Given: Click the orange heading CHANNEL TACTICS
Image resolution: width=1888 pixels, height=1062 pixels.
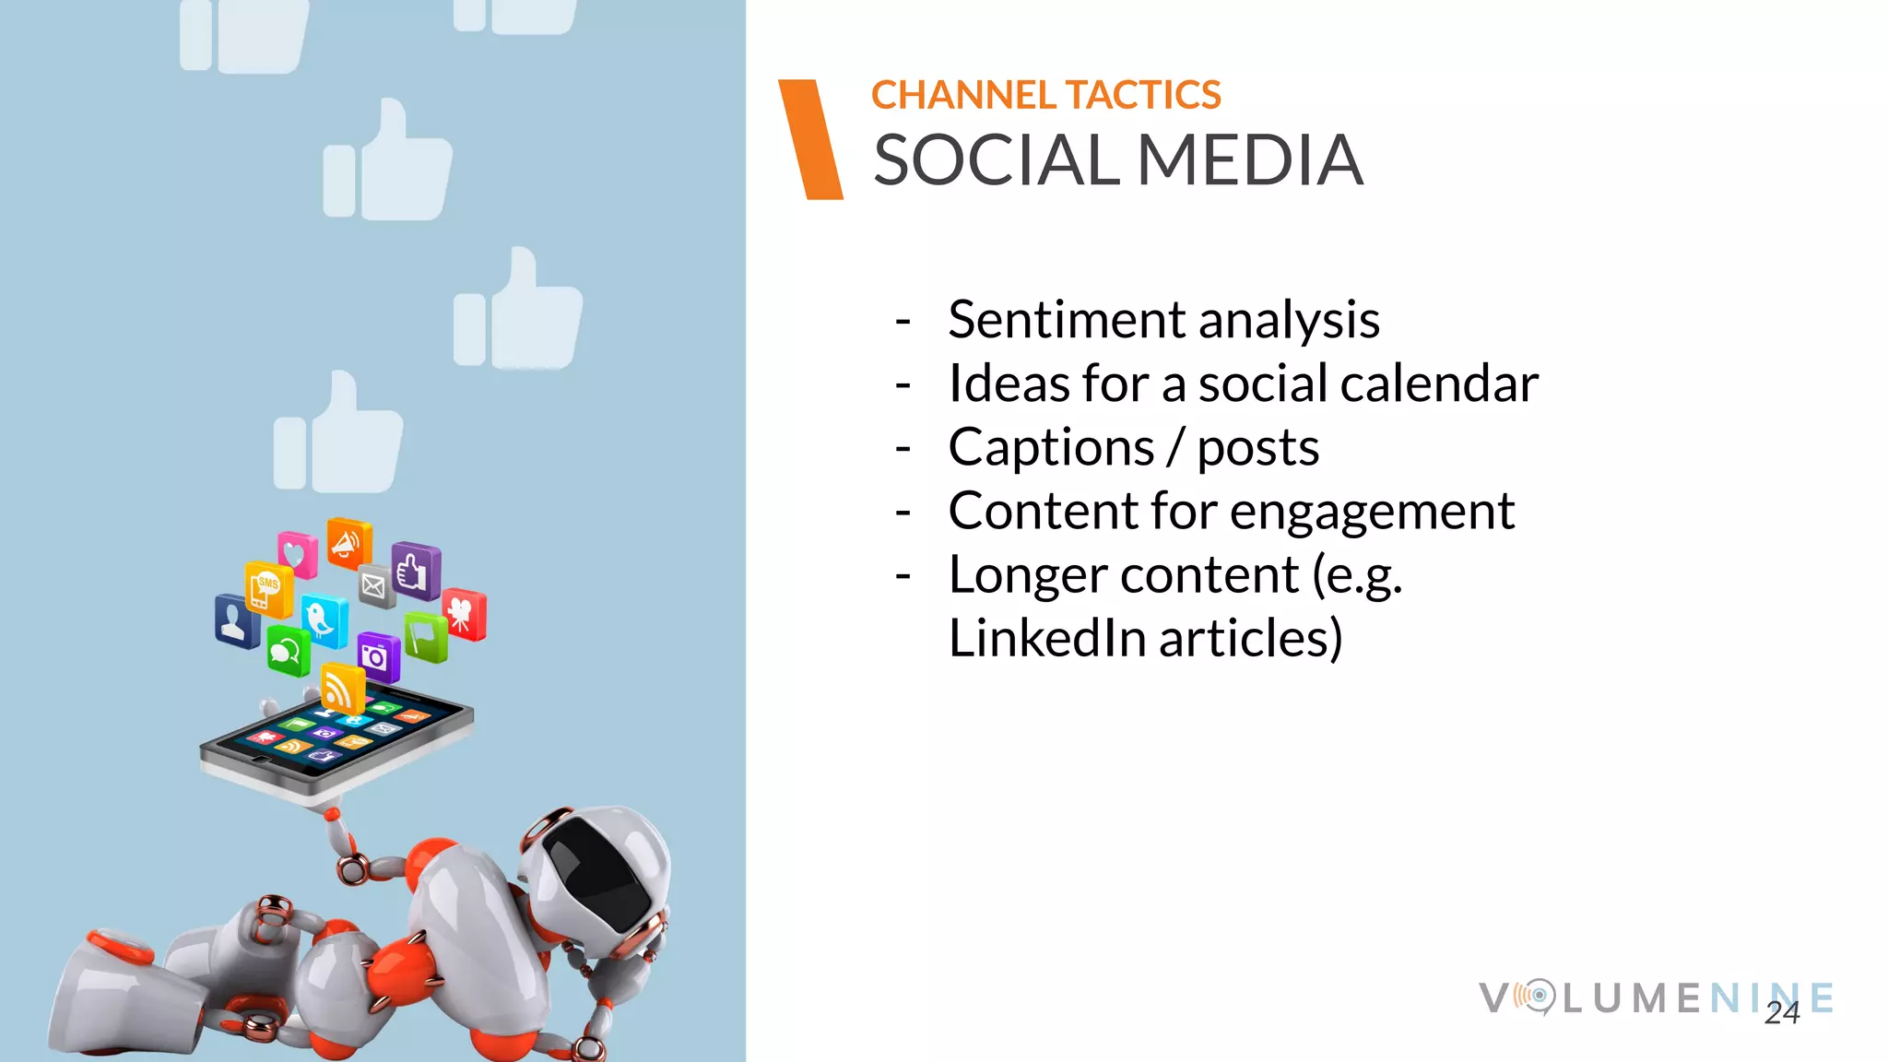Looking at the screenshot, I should [x=1045, y=96].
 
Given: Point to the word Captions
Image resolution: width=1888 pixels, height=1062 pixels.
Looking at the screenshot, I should [x=1051, y=448].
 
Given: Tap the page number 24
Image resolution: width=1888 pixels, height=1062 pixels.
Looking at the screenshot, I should [x=1781, y=1013].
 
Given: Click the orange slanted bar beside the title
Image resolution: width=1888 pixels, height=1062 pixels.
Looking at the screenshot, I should [x=810, y=139].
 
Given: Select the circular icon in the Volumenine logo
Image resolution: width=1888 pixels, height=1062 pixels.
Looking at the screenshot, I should [x=1537, y=997].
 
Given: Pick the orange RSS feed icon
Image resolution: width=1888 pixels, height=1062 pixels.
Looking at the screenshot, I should [x=341, y=688].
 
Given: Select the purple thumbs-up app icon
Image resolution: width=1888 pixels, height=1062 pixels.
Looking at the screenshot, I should [x=415, y=571].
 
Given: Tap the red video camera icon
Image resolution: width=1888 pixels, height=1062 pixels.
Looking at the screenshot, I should [x=464, y=613].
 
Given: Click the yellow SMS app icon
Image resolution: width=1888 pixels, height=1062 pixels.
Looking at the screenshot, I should [x=267, y=588].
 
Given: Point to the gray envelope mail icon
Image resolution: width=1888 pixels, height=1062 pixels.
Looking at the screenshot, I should [x=375, y=585].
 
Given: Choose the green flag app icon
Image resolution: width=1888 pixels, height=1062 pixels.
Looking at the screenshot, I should [x=425, y=637].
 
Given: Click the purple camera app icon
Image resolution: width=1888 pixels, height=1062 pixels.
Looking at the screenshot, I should [x=376, y=655].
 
